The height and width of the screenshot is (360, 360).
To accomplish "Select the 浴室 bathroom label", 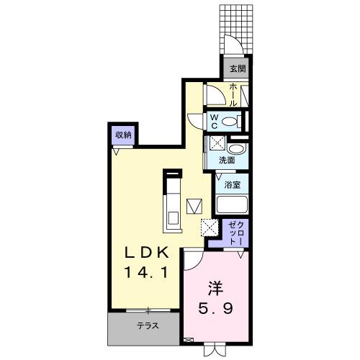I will pyautogui.click(x=231, y=184).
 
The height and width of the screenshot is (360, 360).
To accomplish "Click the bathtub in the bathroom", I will pyautogui.click(x=232, y=206).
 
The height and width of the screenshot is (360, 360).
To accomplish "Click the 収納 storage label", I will pyautogui.click(x=122, y=134).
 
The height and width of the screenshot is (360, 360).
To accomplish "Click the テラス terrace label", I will pyautogui.click(x=148, y=325).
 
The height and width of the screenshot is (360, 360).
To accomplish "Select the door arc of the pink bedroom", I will pyautogui.click(x=192, y=259).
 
